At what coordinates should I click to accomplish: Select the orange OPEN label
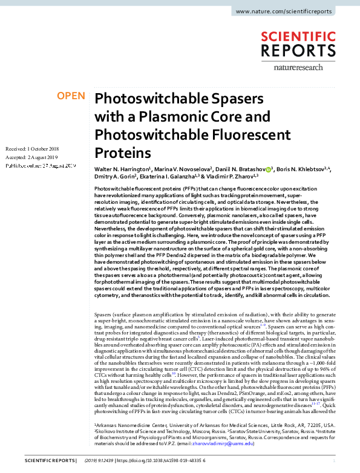pos(71,96)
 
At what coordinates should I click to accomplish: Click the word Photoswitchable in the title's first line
pos(147,99)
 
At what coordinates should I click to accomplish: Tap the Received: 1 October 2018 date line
pos(32,149)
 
